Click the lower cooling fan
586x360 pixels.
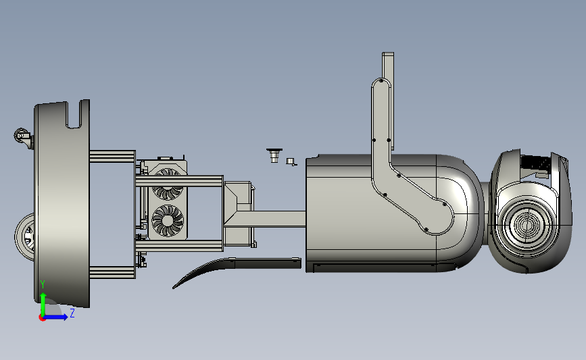pyautogui.click(x=168, y=220)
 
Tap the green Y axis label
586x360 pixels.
pyautogui.click(x=43, y=284)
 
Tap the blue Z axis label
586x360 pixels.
pyautogui.click(x=72, y=313)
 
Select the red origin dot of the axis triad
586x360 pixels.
pyautogui.click(x=42, y=318)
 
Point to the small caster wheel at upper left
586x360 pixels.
pyautogui.click(x=22, y=136)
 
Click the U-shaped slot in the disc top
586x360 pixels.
pyautogui.click(x=74, y=115)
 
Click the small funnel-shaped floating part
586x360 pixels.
pyautogui.click(x=274, y=155)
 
